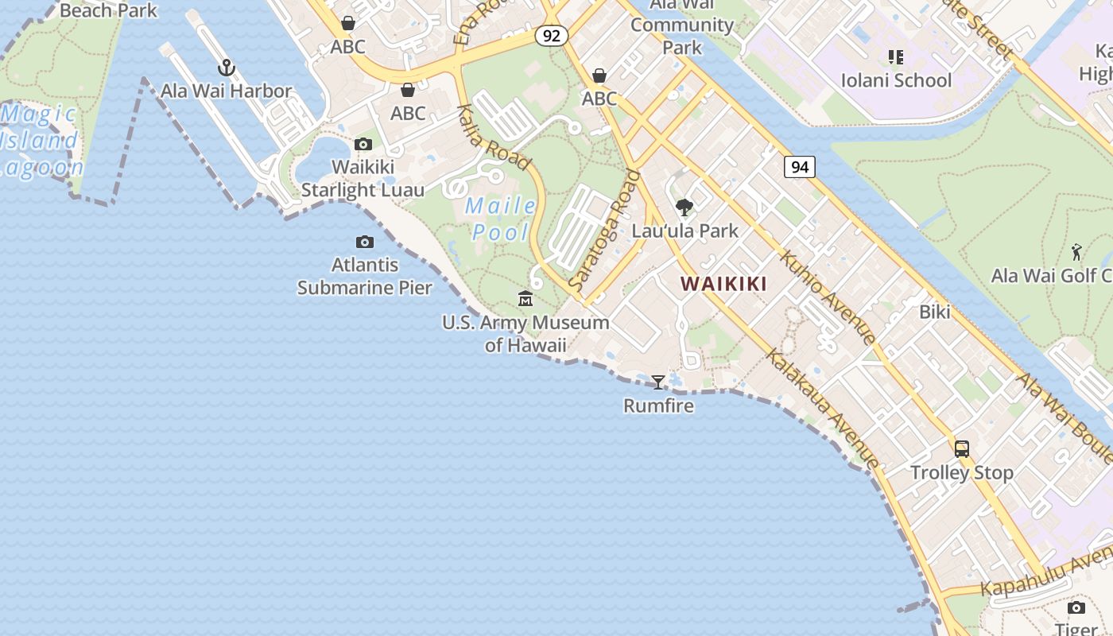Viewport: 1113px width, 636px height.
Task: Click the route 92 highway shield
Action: pos(551,35)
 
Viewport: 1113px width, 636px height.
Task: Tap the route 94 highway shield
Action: pos(800,167)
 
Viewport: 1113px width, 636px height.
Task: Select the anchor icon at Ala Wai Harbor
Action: pos(227,68)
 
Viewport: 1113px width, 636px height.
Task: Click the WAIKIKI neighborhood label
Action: pos(723,284)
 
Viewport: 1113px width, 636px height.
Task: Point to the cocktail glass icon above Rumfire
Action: pos(658,382)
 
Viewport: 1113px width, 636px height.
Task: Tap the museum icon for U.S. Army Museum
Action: pos(525,299)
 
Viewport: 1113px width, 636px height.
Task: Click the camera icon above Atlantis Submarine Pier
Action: pos(364,242)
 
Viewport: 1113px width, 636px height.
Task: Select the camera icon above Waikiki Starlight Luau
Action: pos(363,144)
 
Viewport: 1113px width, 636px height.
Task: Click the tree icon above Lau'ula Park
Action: pos(684,208)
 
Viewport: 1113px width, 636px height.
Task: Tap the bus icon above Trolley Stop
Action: pos(962,449)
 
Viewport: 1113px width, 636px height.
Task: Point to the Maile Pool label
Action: pos(501,219)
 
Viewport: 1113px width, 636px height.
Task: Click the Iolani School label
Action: pos(896,80)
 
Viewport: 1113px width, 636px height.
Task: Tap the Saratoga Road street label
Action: pos(604,231)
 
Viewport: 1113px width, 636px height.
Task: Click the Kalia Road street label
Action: pos(494,138)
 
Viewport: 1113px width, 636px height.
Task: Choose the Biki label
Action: pos(935,312)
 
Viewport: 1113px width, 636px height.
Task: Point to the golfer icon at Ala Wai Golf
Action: pos(1076,252)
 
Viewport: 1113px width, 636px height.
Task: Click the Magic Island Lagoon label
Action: pos(40,141)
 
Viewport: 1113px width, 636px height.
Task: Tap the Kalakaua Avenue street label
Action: pos(822,409)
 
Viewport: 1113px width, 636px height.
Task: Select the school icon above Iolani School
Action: pos(896,57)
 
